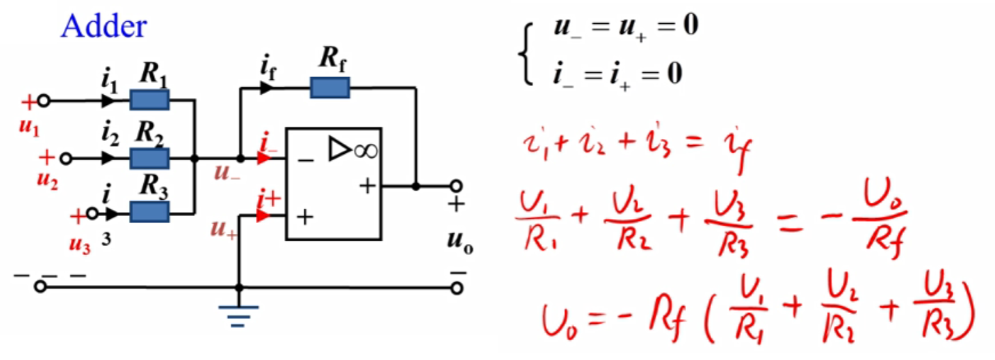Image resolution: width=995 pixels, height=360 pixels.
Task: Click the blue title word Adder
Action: coord(104,27)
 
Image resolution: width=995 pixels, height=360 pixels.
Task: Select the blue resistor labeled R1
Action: coord(149,101)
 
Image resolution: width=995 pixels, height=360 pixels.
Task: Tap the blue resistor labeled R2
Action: coord(149,158)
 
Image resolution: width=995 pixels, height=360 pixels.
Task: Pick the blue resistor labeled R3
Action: coord(149,212)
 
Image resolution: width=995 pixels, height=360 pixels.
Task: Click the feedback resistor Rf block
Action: coord(329,88)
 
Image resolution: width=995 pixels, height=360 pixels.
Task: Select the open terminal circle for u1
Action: coord(44,101)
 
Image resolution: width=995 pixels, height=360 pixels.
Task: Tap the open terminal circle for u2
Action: coord(65,158)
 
